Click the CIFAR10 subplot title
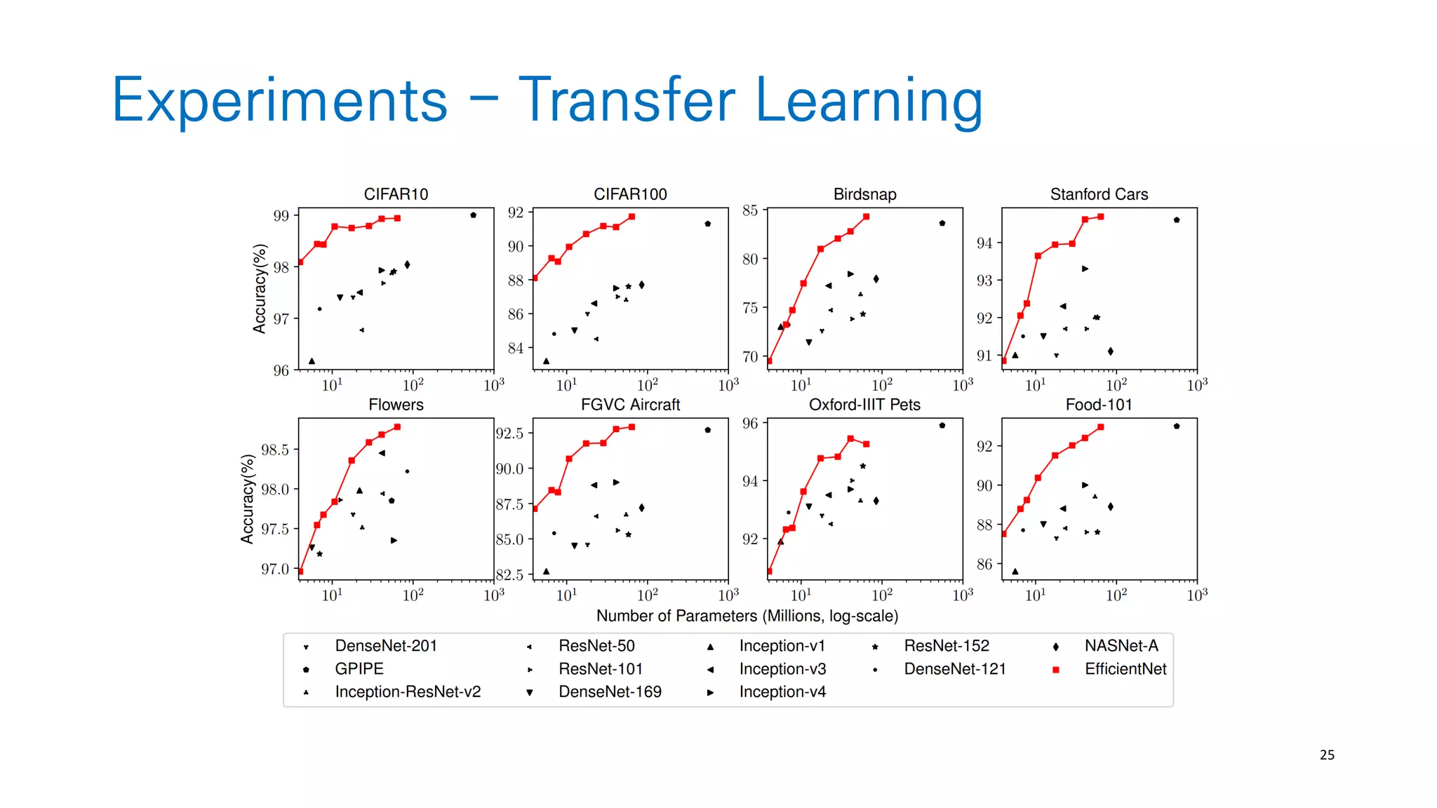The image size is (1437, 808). click(x=396, y=194)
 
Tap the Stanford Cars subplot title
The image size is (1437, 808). click(x=1099, y=194)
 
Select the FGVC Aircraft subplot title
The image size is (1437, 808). click(x=630, y=405)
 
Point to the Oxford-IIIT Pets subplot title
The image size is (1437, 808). click(x=864, y=405)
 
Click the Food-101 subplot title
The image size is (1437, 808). click(x=1099, y=405)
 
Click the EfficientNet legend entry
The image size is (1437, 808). click(x=1125, y=669)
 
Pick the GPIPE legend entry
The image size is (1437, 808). click(x=359, y=669)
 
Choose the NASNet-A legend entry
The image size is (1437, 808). click(x=1121, y=646)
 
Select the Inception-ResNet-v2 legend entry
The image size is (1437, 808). click(x=408, y=692)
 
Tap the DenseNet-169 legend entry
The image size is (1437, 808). click(x=610, y=692)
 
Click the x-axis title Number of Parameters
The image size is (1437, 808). click(x=747, y=616)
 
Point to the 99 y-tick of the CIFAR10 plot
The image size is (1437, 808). click(x=281, y=215)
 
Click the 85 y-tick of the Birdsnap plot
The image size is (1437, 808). click(x=749, y=210)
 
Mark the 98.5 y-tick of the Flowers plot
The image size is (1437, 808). click(x=274, y=450)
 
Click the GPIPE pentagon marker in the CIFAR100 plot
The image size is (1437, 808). click(x=708, y=224)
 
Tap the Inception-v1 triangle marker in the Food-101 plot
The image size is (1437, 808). click(x=1015, y=572)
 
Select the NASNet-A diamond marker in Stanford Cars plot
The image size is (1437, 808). click(x=1110, y=351)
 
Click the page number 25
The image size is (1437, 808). click(x=1327, y=755)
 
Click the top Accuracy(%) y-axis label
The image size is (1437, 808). click(x=260, y=288)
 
